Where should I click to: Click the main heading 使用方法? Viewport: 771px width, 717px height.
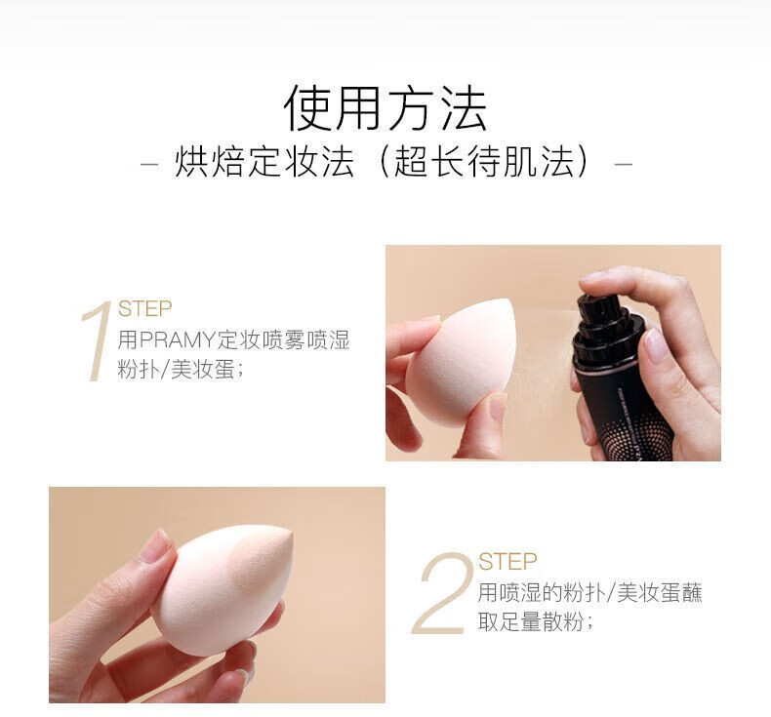[x=385, y=107]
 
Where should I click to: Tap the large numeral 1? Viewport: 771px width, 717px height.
[x=97, y=342]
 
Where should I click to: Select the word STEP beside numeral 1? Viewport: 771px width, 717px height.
[x=144, y=308]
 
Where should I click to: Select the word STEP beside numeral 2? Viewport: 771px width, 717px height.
[x=507, y=562]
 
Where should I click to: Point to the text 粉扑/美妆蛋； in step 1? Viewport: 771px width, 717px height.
[x=181, y=369]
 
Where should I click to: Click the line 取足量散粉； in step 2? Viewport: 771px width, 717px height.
[x=536, y=622]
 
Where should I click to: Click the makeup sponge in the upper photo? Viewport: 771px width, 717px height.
[x=461, y=361]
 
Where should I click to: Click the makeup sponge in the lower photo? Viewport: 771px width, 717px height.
[x=223, y=589]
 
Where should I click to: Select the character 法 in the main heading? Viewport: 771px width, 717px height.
[x=464, y=107]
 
